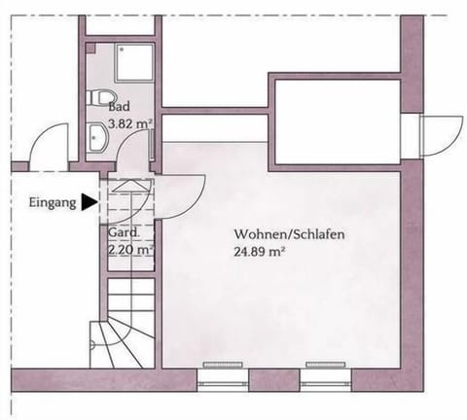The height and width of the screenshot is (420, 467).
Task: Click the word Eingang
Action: pyautogui.click(x=53, y=203)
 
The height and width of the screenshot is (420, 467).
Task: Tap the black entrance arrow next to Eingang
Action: pyautogui.click(x=90, y=203)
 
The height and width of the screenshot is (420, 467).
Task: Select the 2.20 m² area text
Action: pyautogui.click(x=129, y=249)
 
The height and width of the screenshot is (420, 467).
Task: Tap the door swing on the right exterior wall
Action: pyautogui.click(x=439, y=135)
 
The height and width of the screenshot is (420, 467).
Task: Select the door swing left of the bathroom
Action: pyautogui.click(x=44, y=146)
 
